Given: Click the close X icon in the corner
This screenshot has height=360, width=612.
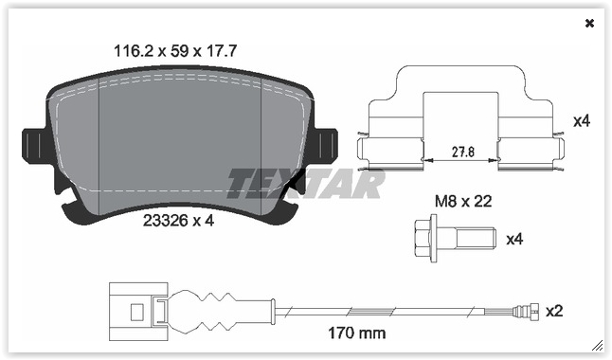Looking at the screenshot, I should pos(589,24).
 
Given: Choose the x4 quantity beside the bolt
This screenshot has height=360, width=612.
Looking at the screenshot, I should pos(514,239).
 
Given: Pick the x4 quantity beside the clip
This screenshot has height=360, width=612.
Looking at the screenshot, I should pos(582,121).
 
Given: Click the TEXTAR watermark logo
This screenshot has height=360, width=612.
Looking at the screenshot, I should pos(305,183).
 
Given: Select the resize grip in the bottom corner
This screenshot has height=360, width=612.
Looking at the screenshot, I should pos(597,346).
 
